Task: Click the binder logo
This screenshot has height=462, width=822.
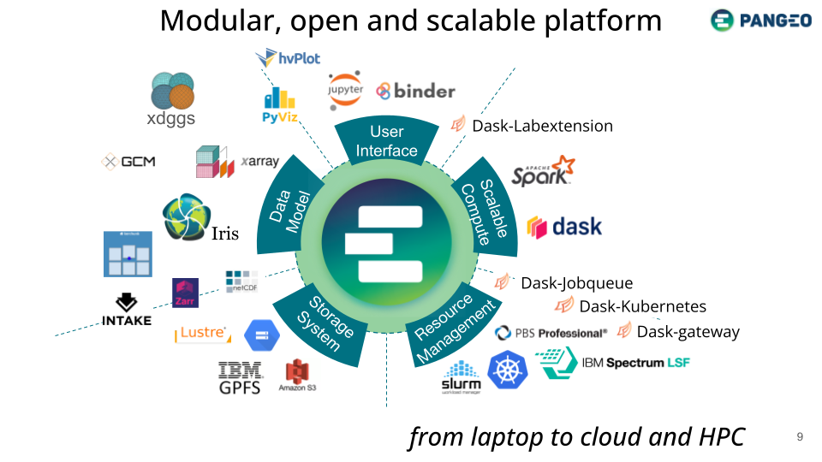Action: tap(416, 91)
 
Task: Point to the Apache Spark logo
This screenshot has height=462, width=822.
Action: tap(543, 171)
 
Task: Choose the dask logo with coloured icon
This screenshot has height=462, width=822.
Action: tap(564, 227)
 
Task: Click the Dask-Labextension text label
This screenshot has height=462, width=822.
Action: tap(542, 126)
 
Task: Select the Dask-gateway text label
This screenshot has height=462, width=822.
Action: tap(688, 331)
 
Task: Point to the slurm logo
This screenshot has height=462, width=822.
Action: tap(462, 377)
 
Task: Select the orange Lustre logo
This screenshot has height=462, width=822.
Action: tap(202, 334)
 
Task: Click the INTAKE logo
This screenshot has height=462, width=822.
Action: tap(127, 310)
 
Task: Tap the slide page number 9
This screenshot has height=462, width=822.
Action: tap(800, 437)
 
